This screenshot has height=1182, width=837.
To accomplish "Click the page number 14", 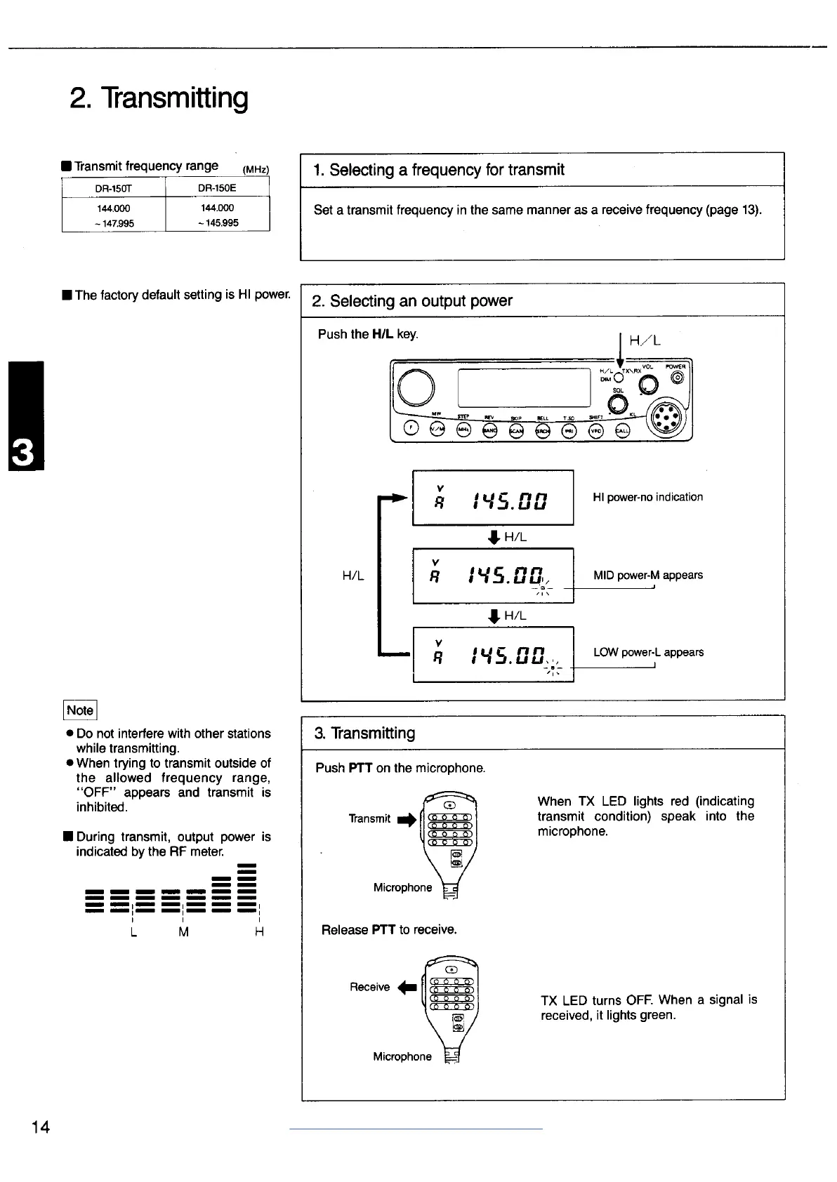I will coord(41,1127).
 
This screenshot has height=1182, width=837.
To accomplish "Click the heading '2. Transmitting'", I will coord(159,98).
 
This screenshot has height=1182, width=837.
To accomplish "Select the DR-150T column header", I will coord(114,188).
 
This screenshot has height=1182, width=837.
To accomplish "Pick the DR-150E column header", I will coord(217,188).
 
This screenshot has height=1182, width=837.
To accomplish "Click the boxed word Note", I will coord(79,710).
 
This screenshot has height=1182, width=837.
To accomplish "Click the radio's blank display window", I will coord(524,386).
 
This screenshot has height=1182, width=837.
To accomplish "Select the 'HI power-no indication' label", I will coord(647,497).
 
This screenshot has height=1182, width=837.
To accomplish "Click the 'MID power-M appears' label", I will coord(647,575).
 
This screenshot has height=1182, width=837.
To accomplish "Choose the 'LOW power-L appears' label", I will coord(648,652).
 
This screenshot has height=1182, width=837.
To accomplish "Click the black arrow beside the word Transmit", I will coord(407,820).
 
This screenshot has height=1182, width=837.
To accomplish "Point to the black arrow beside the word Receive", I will coord(407,988).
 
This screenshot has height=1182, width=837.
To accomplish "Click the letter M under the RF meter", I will coord(183,932).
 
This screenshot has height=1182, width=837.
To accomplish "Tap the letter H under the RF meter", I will coord(259,932).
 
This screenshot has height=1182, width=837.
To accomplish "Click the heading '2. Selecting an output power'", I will coord(412,301).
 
